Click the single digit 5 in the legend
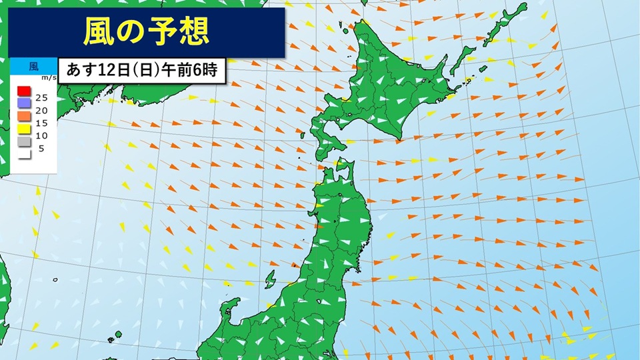click(41, 148)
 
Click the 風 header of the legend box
click(33, 66)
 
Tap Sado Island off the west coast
click(269, 278)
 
